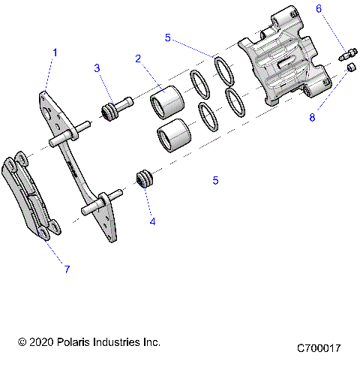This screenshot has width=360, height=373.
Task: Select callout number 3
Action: (x=97, y=68)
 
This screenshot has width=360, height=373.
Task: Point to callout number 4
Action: (x=153, y=221)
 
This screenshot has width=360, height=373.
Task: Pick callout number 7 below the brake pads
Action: (x=66, y=269)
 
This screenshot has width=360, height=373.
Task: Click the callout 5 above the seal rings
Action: (x=168, y=37)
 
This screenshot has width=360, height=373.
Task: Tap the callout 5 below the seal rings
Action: (x=215, y=181)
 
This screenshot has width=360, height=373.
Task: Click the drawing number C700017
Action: (x=319, y=349)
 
